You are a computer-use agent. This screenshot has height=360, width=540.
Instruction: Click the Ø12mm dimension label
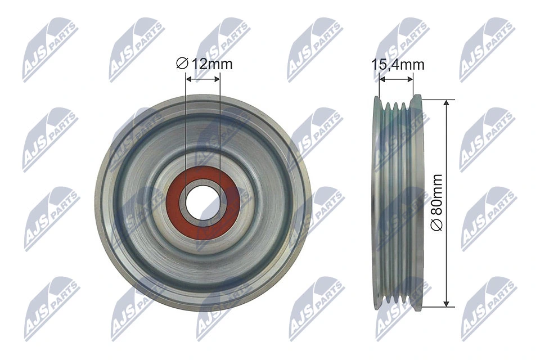(x=204, y=64)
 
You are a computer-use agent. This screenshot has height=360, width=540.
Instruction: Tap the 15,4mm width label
(x=398, y=65)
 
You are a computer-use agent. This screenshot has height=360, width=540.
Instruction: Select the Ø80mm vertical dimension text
(x=437, y=202)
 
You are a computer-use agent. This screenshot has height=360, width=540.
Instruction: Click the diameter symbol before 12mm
(x=182, y=64)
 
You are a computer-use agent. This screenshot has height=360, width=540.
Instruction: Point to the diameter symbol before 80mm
(x=437, y=224)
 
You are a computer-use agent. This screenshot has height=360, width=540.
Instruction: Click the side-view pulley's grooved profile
(x=396, y=203)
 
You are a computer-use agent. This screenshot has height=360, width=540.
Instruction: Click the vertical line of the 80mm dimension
(x=447, y=169)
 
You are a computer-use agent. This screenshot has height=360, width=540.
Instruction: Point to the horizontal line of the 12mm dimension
(x=203, y=80)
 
